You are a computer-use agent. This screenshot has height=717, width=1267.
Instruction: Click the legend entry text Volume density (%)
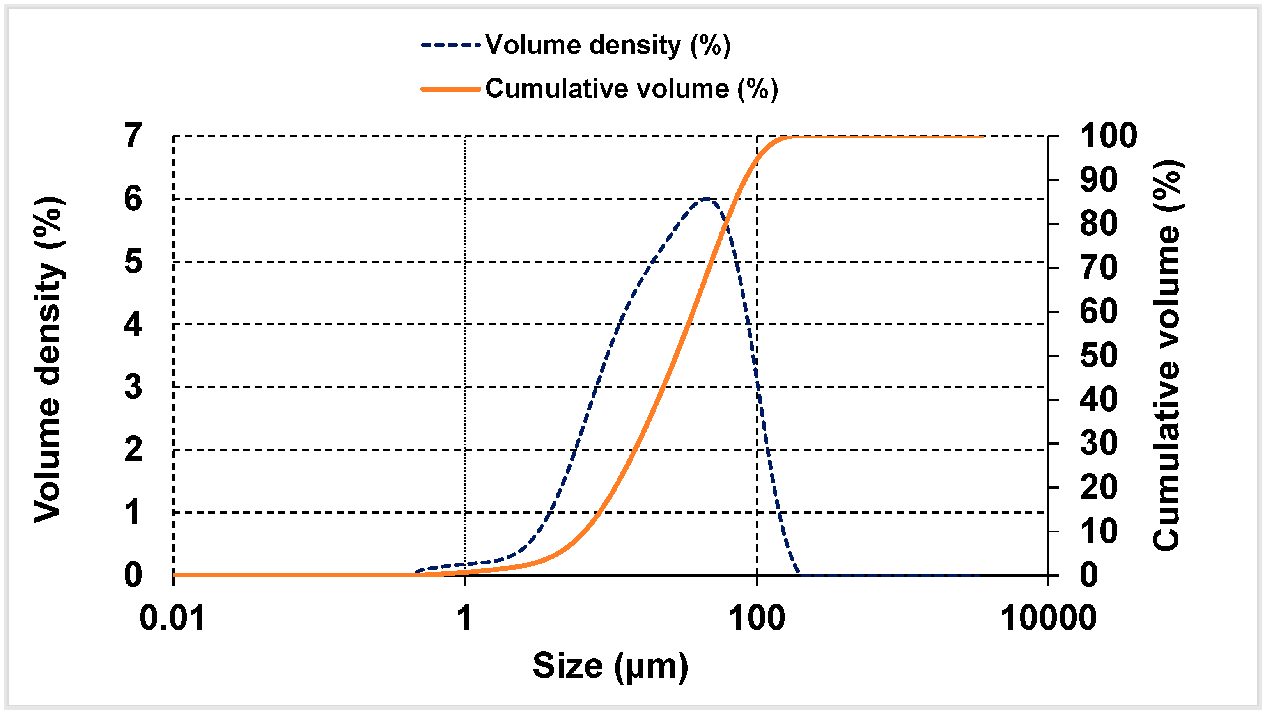point(608,45)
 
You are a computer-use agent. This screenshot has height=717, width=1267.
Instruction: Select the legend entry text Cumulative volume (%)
point(631,89)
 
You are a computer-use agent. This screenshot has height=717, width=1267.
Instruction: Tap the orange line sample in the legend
point(450,89)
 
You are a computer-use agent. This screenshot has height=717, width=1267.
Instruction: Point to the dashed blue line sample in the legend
point(450,45)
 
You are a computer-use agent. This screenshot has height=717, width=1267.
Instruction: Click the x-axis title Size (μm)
point(610,666)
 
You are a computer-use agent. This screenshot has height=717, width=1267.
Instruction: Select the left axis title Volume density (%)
point(48,360)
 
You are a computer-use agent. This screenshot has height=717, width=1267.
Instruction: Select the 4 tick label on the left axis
point(133,325)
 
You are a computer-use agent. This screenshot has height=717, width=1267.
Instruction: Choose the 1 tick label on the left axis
point(133,513)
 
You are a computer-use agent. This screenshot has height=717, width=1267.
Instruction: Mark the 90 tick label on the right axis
point(1099,180)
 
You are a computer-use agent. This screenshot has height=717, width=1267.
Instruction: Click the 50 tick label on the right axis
point(1099,355)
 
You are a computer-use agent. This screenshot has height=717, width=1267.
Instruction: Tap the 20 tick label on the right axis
point(1099,488)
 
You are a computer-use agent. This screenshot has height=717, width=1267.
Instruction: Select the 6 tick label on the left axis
point(133,199)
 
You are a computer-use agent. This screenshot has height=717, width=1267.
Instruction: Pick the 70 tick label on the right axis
point(1099,268)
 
